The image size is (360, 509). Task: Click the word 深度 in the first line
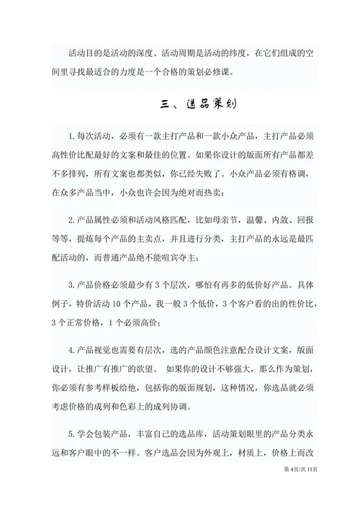(140, 52)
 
